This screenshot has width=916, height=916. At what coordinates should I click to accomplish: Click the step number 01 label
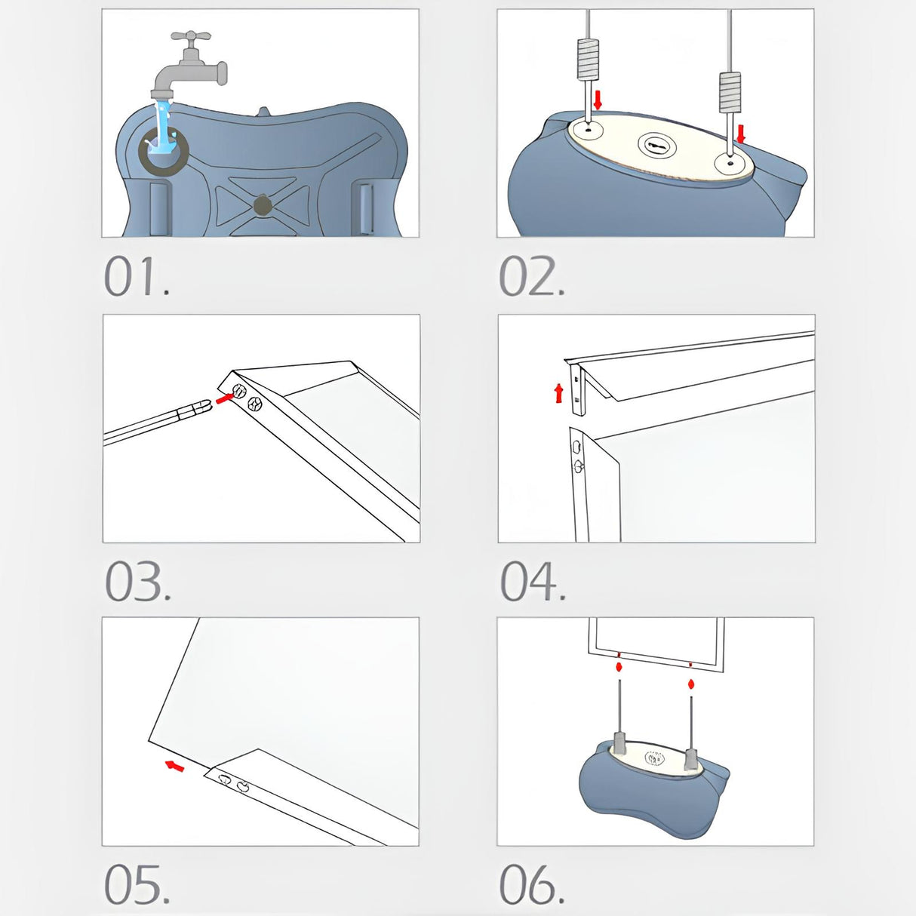coord(137,276)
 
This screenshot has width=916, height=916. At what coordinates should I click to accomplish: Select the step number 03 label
coord(137,581)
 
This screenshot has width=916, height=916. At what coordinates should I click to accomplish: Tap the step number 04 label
coord(533,581)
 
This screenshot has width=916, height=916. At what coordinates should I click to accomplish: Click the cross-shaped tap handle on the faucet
coord(191,37)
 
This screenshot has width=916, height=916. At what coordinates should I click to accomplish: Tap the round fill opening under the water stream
coord(164,151)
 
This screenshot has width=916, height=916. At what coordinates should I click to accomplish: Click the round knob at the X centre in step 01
coord(263,205)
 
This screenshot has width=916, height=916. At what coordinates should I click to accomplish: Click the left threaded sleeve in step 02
coord(588,59)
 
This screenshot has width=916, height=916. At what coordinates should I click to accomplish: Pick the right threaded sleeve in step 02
coord(730,92)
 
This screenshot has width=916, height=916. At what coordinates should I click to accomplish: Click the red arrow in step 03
coord(223,399)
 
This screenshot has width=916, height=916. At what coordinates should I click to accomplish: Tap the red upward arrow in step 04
coord(559,394)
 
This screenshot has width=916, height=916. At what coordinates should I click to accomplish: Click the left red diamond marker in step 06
coord(619,667)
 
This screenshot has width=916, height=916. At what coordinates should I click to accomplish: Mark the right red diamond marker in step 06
coord(691,684)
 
